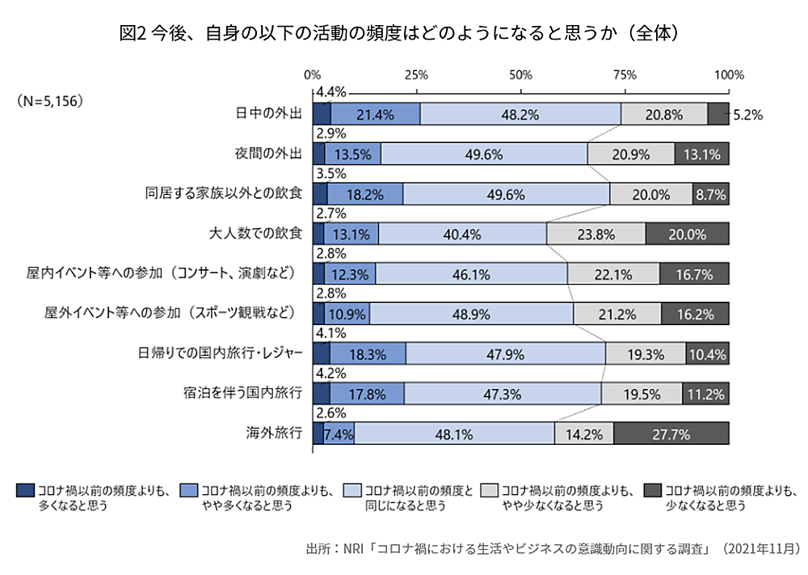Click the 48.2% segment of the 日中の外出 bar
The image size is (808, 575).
tap(520, 115)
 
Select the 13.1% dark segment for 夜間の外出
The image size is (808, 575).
tap(701, 154)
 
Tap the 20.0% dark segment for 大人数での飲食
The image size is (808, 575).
tap(687, 235)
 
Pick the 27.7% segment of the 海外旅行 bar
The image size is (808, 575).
tap(671, 434)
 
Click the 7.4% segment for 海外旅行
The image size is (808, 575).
tap(339, 434)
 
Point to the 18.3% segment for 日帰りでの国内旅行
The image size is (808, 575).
tap(368, 354)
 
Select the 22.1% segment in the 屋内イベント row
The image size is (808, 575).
tap(612, 274)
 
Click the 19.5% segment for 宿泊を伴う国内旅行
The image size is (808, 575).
tap(642, 395)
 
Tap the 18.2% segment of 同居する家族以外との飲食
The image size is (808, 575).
tap(364, 194)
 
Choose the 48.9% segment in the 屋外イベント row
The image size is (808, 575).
tap(472, 315)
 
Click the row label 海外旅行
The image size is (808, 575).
tap(274, 433)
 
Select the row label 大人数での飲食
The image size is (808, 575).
tap(255, 234)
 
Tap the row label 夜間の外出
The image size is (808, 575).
tap(267, 154)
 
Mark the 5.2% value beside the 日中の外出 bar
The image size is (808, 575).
tap(747, 116)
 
